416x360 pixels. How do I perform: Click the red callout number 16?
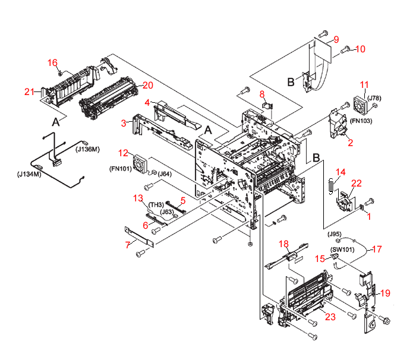tap(53, 62)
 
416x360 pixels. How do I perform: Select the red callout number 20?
tap(147, 84)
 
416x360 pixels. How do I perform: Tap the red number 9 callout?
tap(336, 40)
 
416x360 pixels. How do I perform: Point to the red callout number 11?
tap(364, 84)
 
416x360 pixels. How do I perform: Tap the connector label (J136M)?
tap(87, 149)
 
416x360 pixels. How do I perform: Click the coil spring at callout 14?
tap(329, 185)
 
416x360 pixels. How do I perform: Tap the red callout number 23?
tap(330, 317)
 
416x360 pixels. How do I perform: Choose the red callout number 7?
tap(127, 245)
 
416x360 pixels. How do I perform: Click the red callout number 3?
tap(124, 123)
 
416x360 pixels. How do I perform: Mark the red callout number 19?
tap(385, 293)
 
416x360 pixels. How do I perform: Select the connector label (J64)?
tap(165, 173)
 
